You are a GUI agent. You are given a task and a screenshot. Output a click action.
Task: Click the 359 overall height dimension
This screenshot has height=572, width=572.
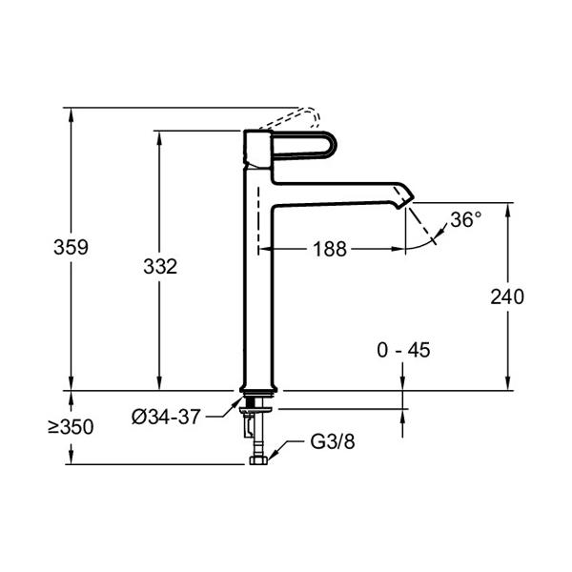coord(71,247)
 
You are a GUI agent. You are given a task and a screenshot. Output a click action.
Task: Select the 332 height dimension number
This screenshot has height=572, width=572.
coord(160,266)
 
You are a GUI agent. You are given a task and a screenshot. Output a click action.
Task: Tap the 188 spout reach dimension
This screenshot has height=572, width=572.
coord(330,250)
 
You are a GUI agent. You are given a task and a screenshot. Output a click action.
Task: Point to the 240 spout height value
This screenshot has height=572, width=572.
coord(507,296)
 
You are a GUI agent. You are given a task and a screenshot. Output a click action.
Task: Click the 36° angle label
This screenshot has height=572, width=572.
coord(466,219)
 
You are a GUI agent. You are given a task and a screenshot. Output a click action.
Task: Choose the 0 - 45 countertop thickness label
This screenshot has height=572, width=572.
coord(403,350)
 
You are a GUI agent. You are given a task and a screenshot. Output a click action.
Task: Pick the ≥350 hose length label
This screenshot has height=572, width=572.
coord(71,427)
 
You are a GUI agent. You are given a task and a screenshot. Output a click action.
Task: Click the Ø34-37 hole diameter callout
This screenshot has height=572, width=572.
coord(166,417)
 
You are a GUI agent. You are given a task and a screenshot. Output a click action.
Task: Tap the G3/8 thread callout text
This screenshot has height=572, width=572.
coord(333,441)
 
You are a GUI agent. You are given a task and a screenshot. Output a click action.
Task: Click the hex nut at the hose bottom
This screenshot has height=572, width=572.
coord(258,460)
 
